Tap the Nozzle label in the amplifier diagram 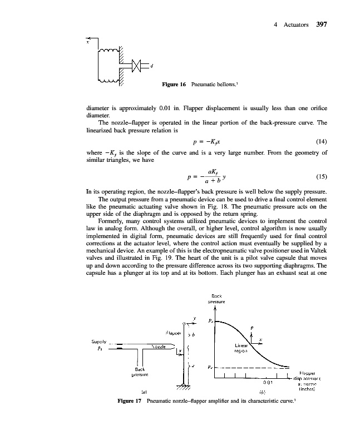162,345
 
